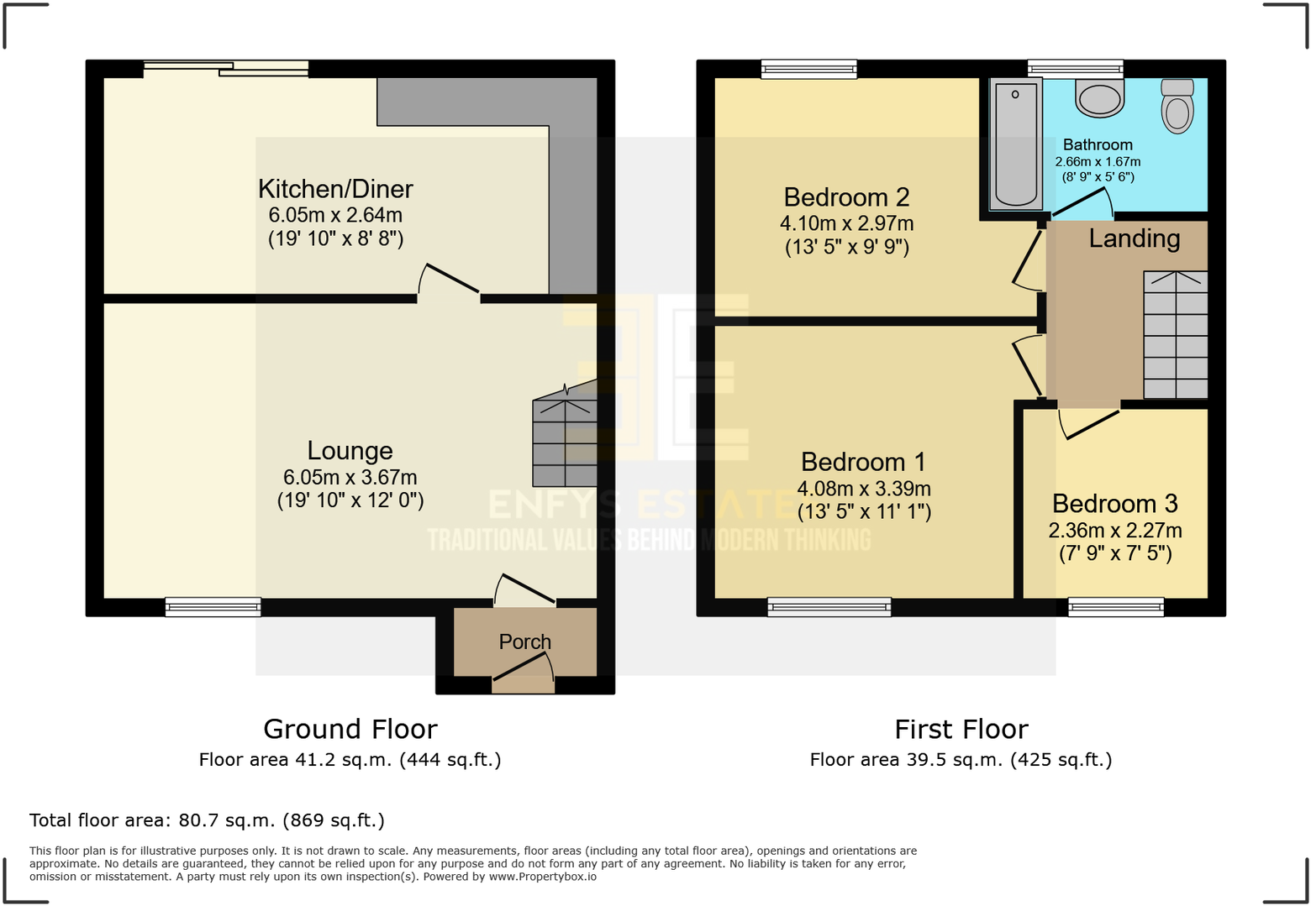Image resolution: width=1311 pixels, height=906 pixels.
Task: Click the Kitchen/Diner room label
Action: tap(335, 189)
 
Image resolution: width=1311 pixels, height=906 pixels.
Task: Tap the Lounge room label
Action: tap(350, 450)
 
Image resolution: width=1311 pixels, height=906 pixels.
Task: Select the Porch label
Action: tap(525, 642)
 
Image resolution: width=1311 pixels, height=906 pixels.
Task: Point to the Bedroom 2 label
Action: tap(846, 197)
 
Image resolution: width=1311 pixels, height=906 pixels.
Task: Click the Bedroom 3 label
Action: tap(1115, 504)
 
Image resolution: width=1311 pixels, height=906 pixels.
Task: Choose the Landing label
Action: tap(1135, 238)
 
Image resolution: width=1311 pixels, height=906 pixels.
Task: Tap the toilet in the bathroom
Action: tap(1177, 106)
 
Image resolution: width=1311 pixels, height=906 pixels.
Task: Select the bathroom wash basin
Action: tap(1099, 97)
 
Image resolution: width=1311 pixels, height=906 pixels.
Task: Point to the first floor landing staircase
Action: tap(1176, 334)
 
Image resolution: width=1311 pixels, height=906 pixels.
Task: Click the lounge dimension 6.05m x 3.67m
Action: tap(350, 477)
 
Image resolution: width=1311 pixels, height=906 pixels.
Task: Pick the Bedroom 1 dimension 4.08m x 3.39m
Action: tap(864, 489)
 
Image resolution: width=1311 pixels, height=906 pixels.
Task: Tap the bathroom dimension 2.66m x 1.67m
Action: tap(1098, 161)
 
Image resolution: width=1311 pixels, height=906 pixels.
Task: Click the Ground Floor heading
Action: tap(350, 730)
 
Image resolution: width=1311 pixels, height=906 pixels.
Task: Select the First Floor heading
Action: tap(961, 730)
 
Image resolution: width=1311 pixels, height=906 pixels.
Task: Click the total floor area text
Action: tap(208, 820)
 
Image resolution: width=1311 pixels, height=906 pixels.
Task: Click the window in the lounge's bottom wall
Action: tap(213, 607)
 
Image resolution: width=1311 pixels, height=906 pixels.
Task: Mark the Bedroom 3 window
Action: tap(1116, 607)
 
